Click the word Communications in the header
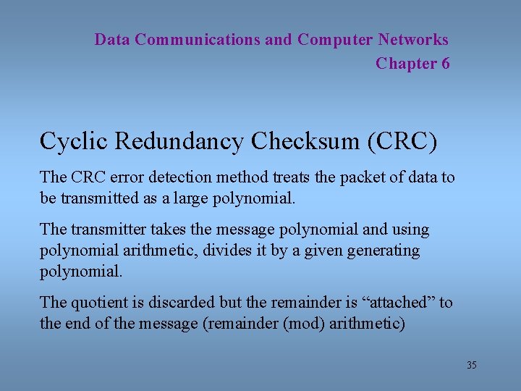click(x=197, y=40)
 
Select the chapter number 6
click(x=444, y=64)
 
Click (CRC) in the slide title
click(x=402, y=142)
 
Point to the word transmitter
click(x=108, y=230)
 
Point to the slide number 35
click(x=471, y=365)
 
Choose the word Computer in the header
click(x=335, y=40)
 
